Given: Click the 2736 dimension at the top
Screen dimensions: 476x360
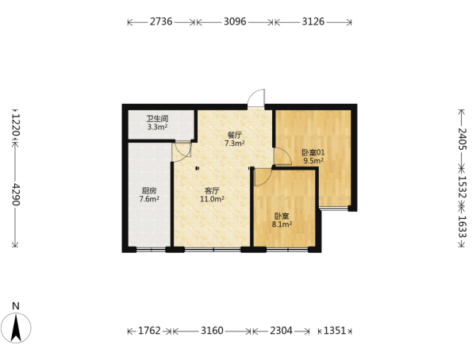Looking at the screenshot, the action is [x=161, y=22].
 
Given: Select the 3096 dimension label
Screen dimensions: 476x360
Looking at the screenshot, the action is [x=235, y=22].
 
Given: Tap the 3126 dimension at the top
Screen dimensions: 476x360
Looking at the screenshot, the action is [x=313, y=22].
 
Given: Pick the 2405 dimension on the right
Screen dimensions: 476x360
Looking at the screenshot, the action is [x=462, y=139].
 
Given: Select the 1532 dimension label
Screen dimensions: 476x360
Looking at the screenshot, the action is [x=462, y=187].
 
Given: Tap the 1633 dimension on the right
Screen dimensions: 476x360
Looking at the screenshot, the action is [x=462, y=227].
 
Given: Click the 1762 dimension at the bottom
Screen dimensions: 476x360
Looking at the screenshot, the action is [x=149, y=330].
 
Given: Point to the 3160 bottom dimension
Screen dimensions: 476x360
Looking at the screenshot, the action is [x=212, y=330].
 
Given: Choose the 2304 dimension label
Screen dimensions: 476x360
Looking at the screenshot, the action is [x=282, y=330].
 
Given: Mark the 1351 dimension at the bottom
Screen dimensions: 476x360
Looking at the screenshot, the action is [x=335, y=330].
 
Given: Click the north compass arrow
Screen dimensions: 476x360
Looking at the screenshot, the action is [x=16, y=327].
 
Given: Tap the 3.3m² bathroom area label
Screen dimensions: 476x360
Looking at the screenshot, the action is [x=158, y=127].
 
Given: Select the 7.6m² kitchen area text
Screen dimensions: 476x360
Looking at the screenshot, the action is [x=149, y=199].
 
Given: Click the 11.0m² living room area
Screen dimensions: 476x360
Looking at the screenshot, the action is [x=212, y=199].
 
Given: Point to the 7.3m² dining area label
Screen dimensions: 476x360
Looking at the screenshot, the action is [x=235, y=144].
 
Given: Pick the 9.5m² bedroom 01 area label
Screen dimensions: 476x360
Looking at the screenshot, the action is [x=313, y=161].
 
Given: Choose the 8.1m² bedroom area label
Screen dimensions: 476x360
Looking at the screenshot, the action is [x=282, y=224].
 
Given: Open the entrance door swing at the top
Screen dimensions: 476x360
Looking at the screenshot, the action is [x=256, y=98].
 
